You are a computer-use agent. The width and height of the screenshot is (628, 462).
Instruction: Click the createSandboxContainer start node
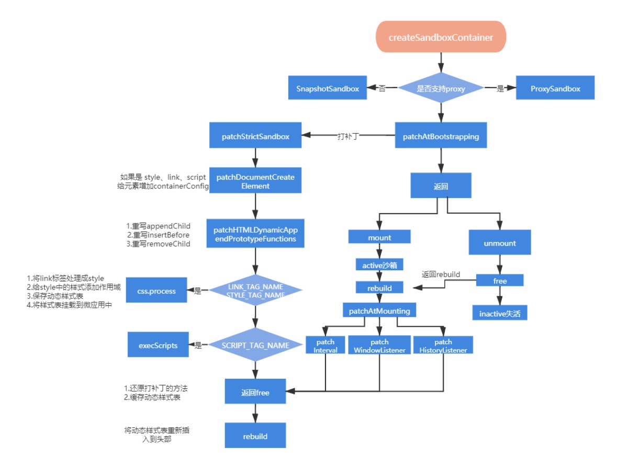[441, 37]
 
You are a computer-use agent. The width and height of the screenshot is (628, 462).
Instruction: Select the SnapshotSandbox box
[328, 87]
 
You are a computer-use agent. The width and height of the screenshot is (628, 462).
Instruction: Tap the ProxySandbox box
[555, 87]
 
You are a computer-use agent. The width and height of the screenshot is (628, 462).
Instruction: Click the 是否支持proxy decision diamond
[441, 88]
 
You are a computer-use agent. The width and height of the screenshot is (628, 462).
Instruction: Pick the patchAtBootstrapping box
[441, 135]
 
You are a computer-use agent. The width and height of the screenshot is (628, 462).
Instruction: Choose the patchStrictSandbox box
[255, 135]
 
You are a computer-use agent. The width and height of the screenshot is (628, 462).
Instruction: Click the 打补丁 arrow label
[348, 136]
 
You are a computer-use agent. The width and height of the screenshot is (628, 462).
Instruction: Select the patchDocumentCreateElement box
[255, 180]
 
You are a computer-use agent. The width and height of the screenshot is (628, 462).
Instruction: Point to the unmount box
[500, 242]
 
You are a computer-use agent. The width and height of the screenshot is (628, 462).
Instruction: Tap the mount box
[379, 237]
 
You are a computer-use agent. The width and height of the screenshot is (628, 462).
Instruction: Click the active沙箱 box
[379, 265]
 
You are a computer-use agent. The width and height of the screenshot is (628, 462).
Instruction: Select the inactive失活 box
[500, 313]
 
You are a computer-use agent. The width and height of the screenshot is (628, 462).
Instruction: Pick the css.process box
[156, 290]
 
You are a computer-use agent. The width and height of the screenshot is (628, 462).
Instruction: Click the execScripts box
[158, 344]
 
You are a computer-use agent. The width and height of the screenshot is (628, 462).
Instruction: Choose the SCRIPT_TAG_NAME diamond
[255, 344]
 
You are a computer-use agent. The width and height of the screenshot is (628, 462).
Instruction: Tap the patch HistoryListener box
[443, 345]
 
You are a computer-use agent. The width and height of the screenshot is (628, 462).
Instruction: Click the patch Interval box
[325, 345]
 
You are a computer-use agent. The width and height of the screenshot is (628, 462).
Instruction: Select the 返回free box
[255, 391]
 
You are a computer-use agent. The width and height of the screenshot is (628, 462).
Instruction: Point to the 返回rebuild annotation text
[441, 274]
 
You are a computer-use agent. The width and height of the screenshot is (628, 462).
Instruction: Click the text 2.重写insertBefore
[158, 235]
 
